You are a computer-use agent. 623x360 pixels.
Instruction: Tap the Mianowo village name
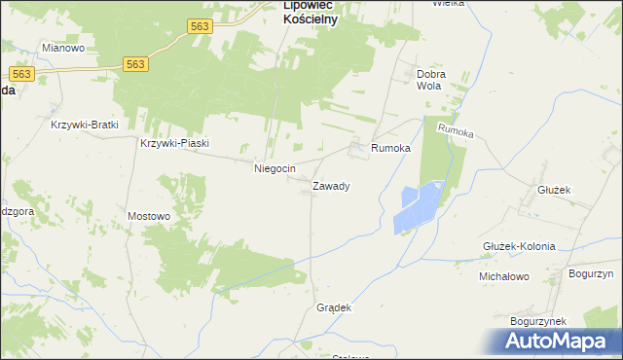(63, 47)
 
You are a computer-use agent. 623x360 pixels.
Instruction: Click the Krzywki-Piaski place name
(175, 143)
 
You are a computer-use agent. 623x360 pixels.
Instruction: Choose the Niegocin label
(275, 168)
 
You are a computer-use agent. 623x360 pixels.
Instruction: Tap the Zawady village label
(331, 185)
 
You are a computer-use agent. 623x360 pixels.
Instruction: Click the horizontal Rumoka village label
(391, 148)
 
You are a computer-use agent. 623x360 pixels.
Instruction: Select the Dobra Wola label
(431, 80)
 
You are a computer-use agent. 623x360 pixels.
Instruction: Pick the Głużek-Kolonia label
(519, 246)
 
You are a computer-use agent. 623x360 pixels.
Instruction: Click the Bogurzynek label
(537, 320)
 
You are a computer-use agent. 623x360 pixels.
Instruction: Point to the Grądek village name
(333, 307)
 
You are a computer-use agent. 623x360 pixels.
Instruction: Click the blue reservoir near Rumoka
(419, 206)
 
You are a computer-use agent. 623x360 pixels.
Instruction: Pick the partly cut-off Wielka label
(449, 3)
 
